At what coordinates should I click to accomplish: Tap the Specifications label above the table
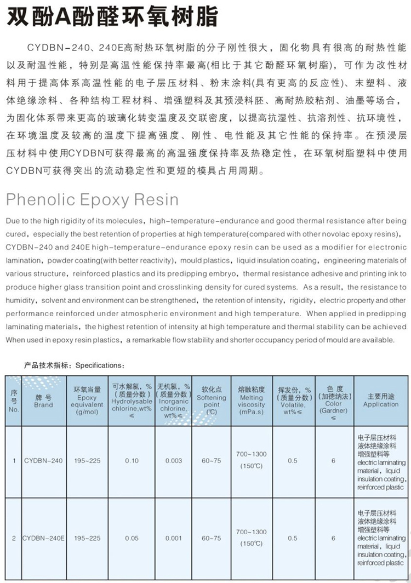coord(75,365)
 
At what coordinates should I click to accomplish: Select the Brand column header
coord(43,401)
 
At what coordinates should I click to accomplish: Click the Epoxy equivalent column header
coord(87,401)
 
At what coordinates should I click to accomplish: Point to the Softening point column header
coord(211,401)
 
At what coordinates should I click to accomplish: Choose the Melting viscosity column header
coord(252,401)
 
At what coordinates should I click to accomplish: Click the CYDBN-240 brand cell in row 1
coord(43,461)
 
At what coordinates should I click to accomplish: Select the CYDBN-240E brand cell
coord(43,539)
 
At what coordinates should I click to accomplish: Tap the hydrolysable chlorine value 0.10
coord(132,461)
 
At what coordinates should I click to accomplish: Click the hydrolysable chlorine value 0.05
coord(132,539)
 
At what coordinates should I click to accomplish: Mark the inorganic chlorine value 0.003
coord(174,461)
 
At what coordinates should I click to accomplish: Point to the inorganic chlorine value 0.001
coord(174,539)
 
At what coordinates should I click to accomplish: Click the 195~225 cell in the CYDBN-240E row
coord(87,539)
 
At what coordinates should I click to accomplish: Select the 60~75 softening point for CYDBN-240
coord(211,461)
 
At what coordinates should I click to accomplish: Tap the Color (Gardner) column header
coord(333,401)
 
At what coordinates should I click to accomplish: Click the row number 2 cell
coord(14,539)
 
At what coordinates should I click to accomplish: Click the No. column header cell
coord(14,401)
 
